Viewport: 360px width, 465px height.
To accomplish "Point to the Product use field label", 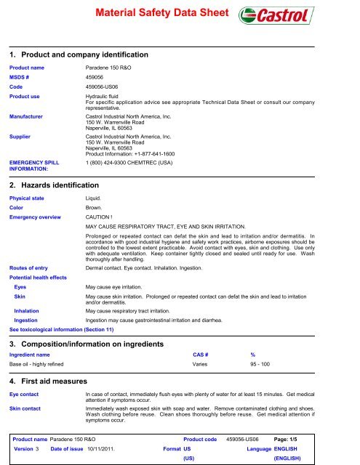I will (30, 95).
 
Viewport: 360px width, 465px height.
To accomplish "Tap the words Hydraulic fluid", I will (107, 95).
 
